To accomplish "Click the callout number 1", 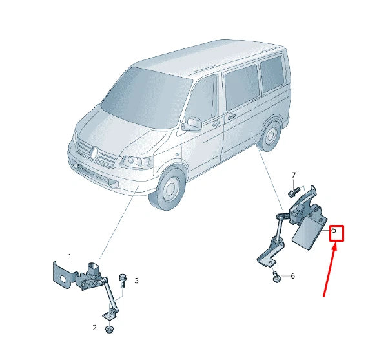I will pyautogui.click(x=70, y=257).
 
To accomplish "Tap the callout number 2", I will pyautogui.click(x=94, y=328).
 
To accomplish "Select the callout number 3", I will pyautogui.click(x=136, y=281).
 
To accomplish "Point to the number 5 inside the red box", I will pyautogui.click(x=334, y=230).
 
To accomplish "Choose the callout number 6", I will pyautogui.click(x=292, y=276).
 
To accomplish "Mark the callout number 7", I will pyautogui.click(x=293, y=175).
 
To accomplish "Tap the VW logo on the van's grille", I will pyautogui.click(x=94, y=153).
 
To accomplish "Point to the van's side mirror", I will pyautogui.click(x=192, y=123).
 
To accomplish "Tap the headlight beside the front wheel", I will pyautogui.click(x=136, y=162).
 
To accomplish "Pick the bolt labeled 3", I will pyautogui.click(x=123, y=280).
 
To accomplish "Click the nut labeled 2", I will pyautogui.click(x=108, y=329).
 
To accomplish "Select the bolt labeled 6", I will pyautogui.click(x=276, y=277).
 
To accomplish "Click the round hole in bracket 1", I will pyautogui.click(x=63, y=278).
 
